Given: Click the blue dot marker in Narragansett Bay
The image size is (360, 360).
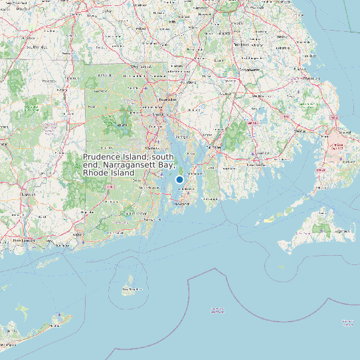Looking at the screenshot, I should (x=179, y=179).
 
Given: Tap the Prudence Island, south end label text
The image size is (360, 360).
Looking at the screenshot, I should (x=128, y=164).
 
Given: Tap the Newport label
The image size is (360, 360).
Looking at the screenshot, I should (x=181, y=205).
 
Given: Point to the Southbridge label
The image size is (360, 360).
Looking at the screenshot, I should (x=29, y=47).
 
